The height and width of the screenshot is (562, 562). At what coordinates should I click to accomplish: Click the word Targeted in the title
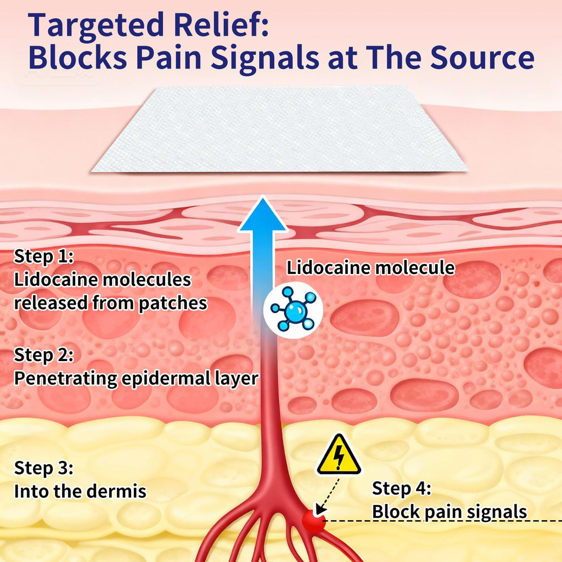tap(95, 25)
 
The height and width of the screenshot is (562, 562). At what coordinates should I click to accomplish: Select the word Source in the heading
tap(482, 57)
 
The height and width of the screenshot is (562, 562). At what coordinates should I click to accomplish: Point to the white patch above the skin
tap(279, 130)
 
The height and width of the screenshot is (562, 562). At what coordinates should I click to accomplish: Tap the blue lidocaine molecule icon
tap(293, 310)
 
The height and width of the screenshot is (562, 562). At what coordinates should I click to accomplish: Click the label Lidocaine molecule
tap(370, 267)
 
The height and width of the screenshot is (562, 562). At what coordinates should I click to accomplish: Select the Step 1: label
tap(44, 256)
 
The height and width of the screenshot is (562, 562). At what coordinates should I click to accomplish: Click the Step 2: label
tap(44, 355)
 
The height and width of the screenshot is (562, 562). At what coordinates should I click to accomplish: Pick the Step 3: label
tap(44, 468)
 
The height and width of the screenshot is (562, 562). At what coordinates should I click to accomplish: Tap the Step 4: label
tap(401, 488)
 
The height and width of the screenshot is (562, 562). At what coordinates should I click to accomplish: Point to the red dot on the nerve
tap(313, 521)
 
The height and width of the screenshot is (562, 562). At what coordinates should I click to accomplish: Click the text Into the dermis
tap(80, 491)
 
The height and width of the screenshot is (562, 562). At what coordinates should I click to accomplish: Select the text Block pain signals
tap(449, 512)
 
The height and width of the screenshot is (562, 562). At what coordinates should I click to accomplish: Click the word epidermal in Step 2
tap(166, 379)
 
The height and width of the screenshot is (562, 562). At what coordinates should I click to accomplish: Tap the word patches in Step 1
tap(173, 303)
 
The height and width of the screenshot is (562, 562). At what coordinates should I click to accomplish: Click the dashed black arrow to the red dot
tap(328, 496)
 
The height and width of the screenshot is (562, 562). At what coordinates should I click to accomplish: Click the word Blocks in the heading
tap(77, 57)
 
